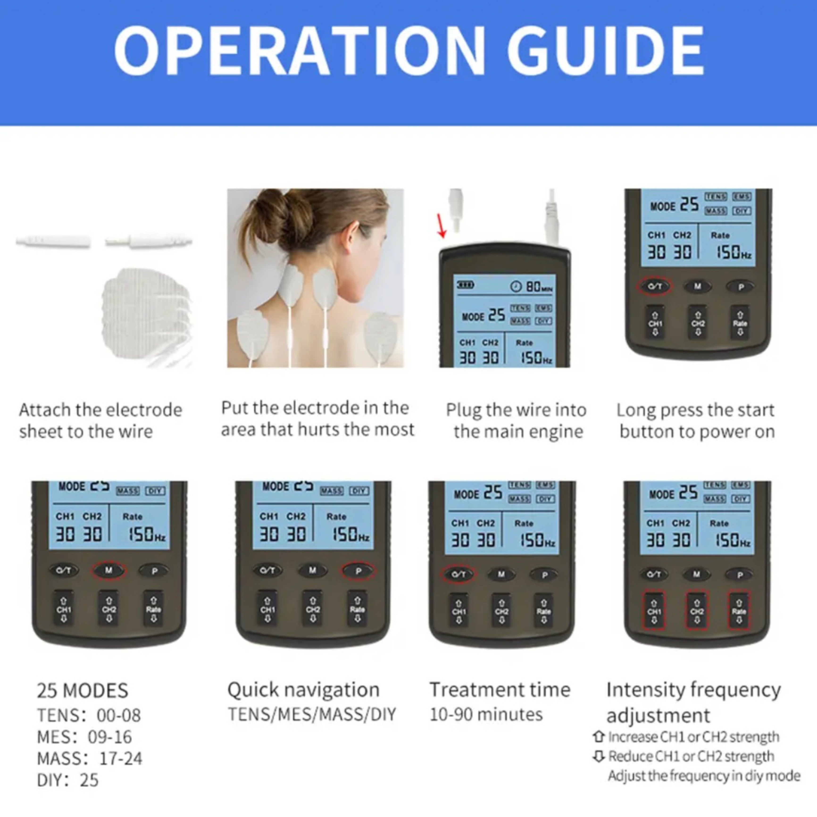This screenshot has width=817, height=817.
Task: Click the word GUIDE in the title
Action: point(606,51)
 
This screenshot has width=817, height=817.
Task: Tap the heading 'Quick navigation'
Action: point(303,690)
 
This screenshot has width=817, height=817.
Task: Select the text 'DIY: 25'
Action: point(68,780)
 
